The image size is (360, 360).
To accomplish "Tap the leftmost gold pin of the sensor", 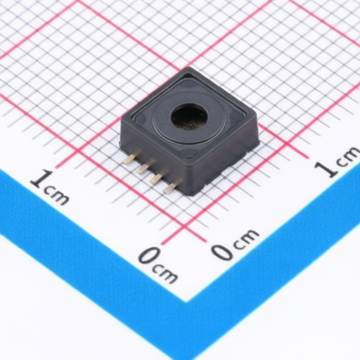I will (129, 159).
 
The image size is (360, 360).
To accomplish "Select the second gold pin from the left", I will (143, 168).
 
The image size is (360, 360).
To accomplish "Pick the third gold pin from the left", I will (157, 177).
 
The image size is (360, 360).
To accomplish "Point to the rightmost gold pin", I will (171, 187).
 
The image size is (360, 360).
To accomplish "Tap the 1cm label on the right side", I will (336, 163).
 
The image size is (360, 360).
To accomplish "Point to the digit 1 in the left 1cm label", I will (38, 180).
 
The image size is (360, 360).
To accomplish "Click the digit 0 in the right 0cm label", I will (221, 250).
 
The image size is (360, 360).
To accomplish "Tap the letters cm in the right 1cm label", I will (346, 158).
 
